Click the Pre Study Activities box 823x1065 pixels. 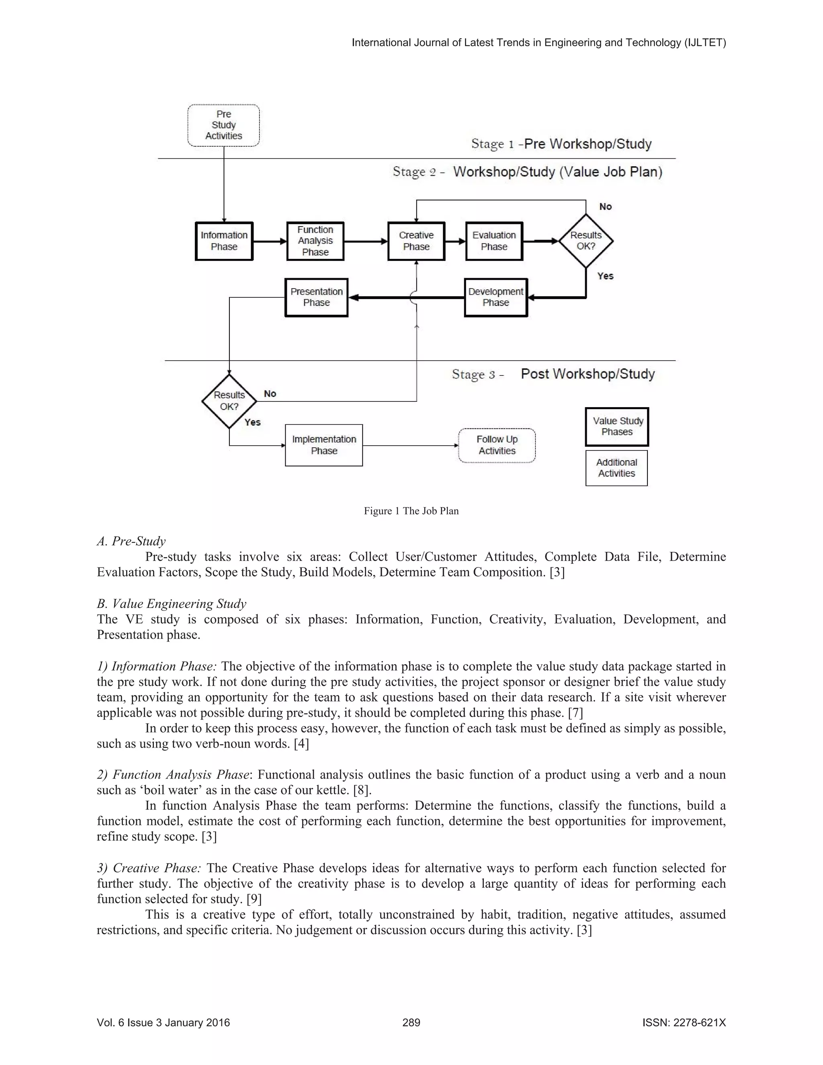pos(223,125)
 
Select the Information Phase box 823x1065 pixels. pos(224,241)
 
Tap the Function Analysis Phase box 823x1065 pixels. pos(315,241)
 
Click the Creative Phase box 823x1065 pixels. pos(416,241)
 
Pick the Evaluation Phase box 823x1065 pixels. pos(494,241)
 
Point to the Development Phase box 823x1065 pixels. pos(495,297)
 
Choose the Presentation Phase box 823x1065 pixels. pos(316,297)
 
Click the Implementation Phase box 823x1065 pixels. pos(324,445)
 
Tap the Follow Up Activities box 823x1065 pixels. pos(497,445)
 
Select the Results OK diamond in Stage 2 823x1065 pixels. pos(586,241)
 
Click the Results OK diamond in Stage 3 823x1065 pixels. pos(229,401)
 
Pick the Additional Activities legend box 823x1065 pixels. pos(616,468)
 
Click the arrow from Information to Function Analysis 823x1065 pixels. pos(270,241)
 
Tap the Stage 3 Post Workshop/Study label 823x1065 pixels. pos(553,374)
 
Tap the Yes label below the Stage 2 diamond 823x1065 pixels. pos(605,276)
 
